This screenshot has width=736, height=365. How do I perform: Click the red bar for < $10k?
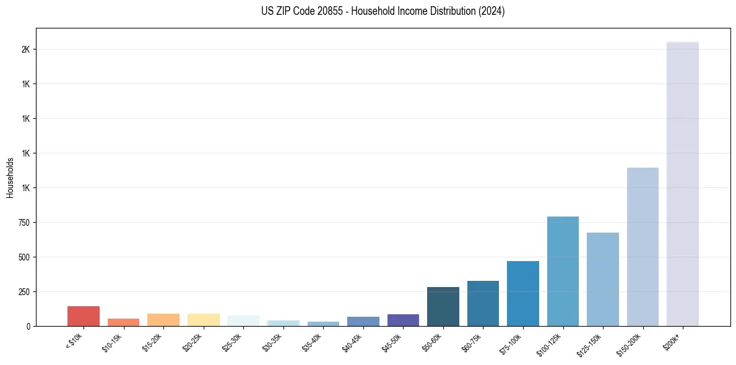[84, 316]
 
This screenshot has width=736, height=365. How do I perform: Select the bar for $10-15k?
[123, 322]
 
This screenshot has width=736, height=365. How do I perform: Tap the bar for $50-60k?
[443, 307]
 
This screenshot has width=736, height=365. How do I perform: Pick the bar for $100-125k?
[563, 271]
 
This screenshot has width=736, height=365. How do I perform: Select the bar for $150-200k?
[643, 247]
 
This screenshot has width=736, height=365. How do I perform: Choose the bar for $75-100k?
[523, 294]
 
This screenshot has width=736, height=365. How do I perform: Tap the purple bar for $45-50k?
[403, 320]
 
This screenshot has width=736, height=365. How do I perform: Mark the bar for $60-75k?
[483, 304]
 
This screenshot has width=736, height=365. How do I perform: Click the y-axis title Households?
[11, 178]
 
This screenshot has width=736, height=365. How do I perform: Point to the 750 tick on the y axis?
[25, 222]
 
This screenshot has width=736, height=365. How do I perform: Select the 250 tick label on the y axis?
[25, 291]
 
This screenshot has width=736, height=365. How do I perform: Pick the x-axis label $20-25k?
[193, 341]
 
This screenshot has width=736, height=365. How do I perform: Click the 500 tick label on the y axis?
[25, 257]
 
